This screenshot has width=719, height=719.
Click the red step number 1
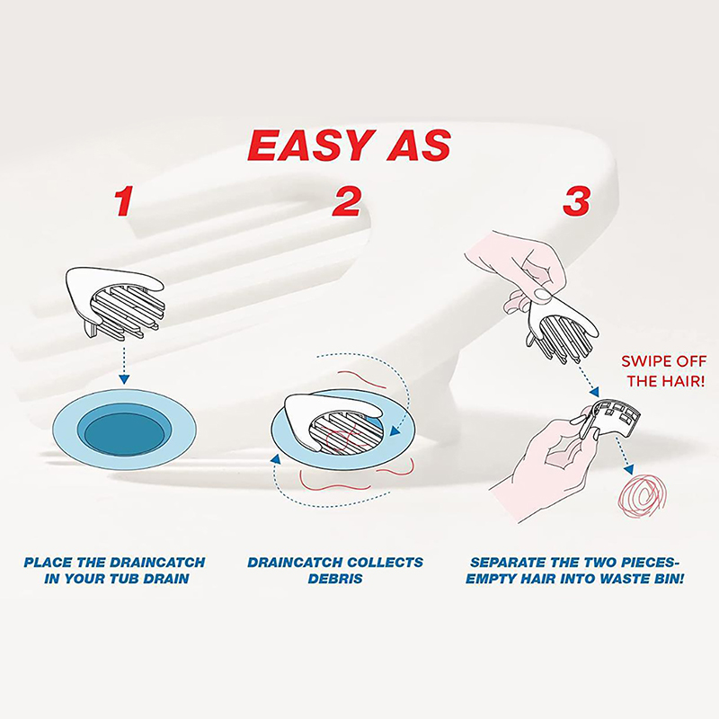[x=124, y=200]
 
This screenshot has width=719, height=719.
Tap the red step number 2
[x=347, y=200]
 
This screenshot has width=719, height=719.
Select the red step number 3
[x=576, y=200]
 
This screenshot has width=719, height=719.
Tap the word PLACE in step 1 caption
[x=49, y=563]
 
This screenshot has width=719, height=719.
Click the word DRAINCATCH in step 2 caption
[x=293, y=563]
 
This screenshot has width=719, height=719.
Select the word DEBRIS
[x=335, y=579]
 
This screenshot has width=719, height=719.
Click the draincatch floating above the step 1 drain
[x=115, y=303]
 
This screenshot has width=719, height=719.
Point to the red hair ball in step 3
[x=641, y=499]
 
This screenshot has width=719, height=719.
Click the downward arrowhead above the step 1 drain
[x=123, y=379]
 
